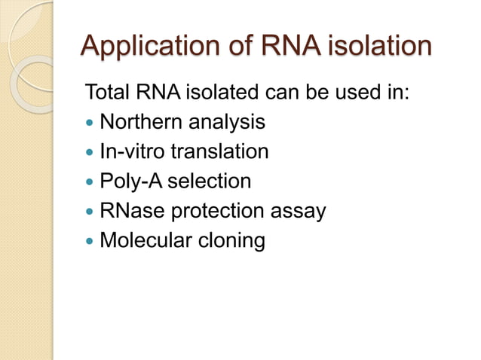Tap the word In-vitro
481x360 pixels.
coord(133,151)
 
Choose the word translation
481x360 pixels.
coord(219,151)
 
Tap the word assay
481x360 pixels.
coord(302,212)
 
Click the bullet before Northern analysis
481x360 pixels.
coord(90,122)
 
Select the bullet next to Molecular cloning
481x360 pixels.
coord(90,242)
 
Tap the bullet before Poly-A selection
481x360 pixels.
coord(90,182)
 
